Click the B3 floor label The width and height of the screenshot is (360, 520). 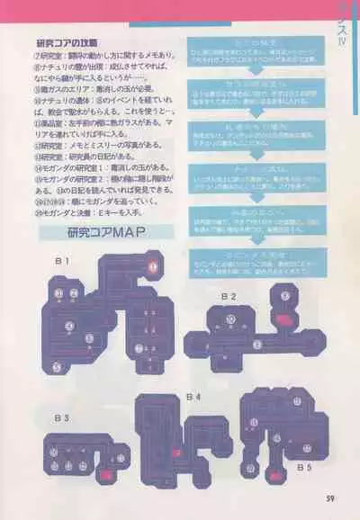pyautogui.click(x=61, y=417)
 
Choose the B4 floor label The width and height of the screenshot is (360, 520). pyautogui.click(x=193, y=396)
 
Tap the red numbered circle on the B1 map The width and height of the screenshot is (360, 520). pyautogui.click(x=153, y=266)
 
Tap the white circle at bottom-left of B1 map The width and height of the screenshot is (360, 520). pyautogui.click(x=56, y=366)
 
